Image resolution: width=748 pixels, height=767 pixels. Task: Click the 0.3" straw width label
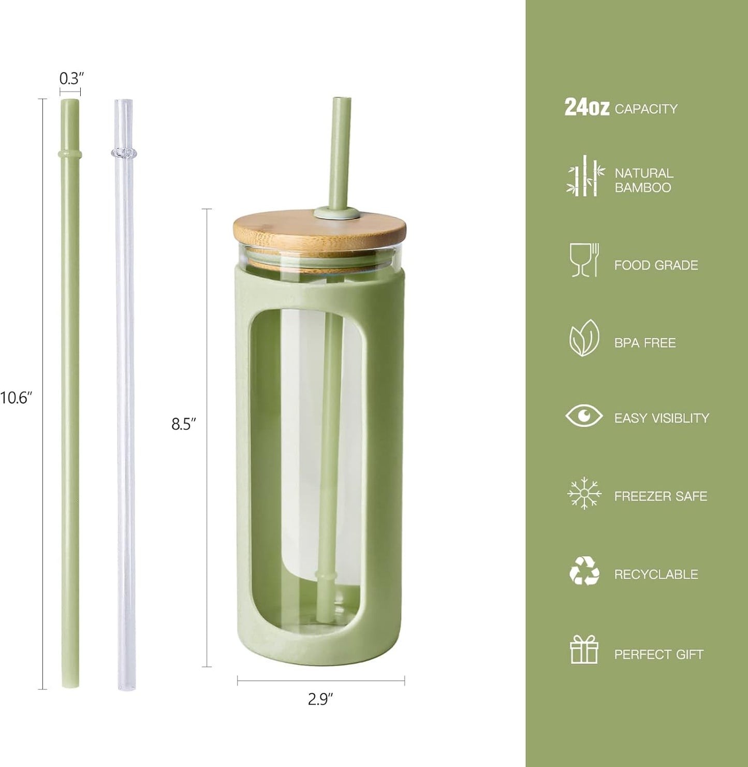click(x=71, y=79)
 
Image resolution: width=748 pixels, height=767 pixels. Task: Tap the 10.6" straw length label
click(x=17, y=398)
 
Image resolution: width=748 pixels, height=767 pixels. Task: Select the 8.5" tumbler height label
click(x=184, y=424)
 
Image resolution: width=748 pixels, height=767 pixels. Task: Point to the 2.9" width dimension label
click(x=320, y=699)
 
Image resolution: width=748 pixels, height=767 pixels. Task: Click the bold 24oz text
click(x=586, y=107)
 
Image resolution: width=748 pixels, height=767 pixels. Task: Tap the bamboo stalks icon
click(x=585, y=176)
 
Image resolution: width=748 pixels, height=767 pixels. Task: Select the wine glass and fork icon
click(x=584, y=260)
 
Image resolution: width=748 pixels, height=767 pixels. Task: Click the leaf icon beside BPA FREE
click(x=584, y=338)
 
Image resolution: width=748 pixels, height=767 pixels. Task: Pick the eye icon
click(x=584, y=416)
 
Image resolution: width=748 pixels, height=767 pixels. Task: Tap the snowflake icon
click(x=584, y=493)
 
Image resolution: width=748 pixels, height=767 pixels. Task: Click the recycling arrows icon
click(x=584, y=571)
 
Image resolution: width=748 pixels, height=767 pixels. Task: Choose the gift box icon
click(x=584, y=649)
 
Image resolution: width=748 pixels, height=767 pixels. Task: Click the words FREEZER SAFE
click(x=661, y=496)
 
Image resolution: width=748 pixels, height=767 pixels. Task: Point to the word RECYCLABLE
click(x=656, y=574)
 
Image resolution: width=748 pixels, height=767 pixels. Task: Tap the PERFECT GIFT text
click(x=658, y=655)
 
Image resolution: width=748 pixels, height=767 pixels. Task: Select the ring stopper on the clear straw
click(x=124, y=153)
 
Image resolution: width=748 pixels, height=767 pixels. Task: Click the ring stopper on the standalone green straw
click(x=70, y=154)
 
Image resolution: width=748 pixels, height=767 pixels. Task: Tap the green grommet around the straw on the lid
click(x=338, y=212)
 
